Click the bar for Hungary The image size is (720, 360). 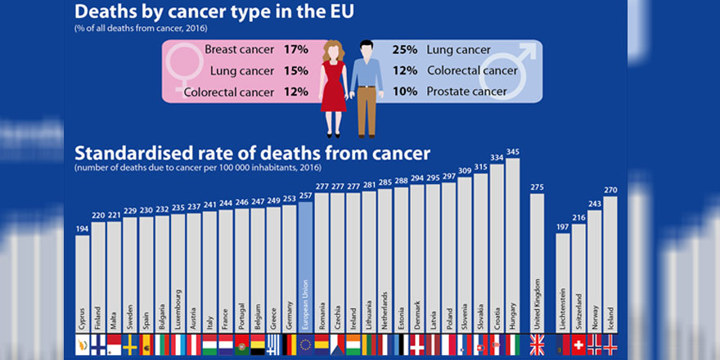tap(513, 245)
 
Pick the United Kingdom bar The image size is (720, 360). tap(537, 262)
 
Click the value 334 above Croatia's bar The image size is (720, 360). tap(497, 157)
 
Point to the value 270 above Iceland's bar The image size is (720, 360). tap(610, 190)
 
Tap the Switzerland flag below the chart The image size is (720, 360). tap(578, 344)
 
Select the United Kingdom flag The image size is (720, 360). tap(538, 344)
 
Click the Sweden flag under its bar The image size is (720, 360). tap(129, 344)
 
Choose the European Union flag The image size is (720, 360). tap(305, 344)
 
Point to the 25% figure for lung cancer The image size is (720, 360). tap(404, 50)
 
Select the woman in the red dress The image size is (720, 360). tap(334, 86)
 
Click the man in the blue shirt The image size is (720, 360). tap(367, 86)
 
